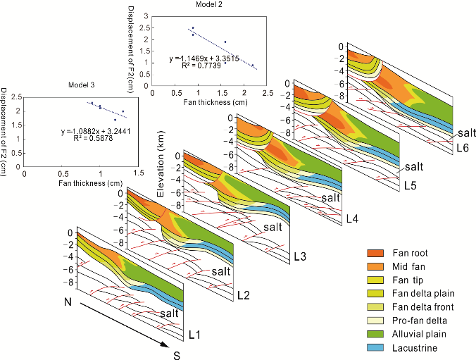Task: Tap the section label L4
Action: click(353, 220)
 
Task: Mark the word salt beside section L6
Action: click(465, 132)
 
